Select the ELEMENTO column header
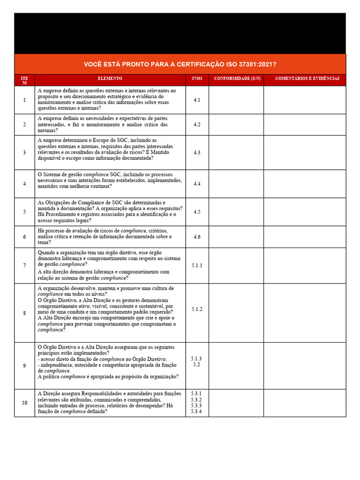110,79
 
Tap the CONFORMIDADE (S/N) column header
236,79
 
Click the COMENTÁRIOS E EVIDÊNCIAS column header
307,79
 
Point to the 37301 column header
197,79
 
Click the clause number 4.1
197,100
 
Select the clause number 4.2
197,125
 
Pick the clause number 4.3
197,152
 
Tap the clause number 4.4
197,184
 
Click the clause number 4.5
197,212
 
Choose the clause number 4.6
197,237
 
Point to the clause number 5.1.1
197,265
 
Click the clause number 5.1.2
197,309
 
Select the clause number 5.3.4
196,412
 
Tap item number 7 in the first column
24,265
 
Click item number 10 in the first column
24,403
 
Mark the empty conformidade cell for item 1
236,100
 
